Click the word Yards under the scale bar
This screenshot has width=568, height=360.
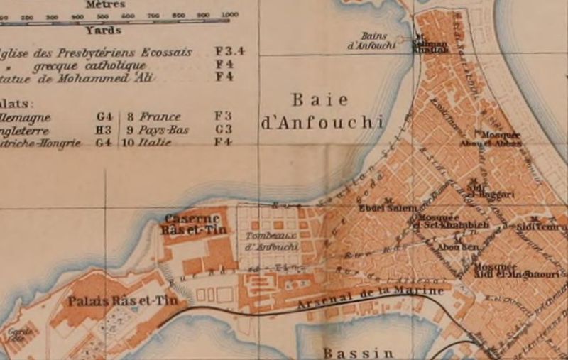(103, 30)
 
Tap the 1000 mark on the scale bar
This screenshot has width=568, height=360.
(229, 15)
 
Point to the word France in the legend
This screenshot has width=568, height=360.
(160, 116)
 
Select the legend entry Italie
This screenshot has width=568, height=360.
(155, 142)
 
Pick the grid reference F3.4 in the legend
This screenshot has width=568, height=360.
(229, 52)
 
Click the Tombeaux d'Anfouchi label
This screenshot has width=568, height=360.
(271, 241)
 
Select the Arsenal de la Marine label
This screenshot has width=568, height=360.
(371, 296)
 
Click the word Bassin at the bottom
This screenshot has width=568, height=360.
(358, 352)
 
